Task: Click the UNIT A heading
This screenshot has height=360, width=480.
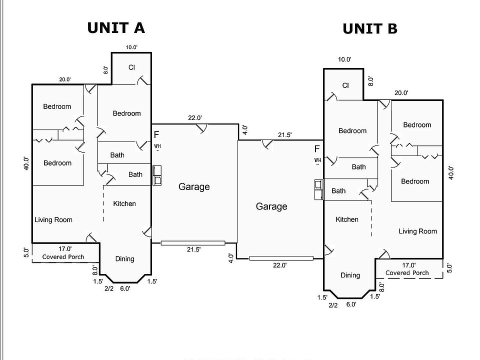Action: [116, 27]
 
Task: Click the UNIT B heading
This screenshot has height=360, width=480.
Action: [370, 29]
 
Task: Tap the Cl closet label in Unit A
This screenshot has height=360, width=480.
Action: [131, 67]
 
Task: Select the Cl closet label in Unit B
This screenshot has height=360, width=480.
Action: [345, 85]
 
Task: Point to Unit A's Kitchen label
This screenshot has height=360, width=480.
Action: [124, 203]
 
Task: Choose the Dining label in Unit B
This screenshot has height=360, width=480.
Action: [350, 275]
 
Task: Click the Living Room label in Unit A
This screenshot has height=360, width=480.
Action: [53, 219]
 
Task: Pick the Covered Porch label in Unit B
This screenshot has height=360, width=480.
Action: [407, 273]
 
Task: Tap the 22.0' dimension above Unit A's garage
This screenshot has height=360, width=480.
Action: [194, 118]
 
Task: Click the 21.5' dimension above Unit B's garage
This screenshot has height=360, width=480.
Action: [284, 135]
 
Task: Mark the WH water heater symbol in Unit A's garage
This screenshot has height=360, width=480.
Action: [157, 146]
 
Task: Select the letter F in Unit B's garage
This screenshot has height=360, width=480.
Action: [317, 149]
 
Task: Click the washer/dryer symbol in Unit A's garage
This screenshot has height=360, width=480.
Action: [157, 175]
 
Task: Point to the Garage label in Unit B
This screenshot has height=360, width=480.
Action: [271, 206]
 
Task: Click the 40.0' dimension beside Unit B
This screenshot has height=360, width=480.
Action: [451, 172]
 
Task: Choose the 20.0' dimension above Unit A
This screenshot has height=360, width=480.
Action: [65, 79]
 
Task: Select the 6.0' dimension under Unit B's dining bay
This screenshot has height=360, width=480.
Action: [351, 303]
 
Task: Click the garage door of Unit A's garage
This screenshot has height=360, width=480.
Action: [193, 243]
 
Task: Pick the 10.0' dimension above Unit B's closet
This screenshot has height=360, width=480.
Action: [344, 59]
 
